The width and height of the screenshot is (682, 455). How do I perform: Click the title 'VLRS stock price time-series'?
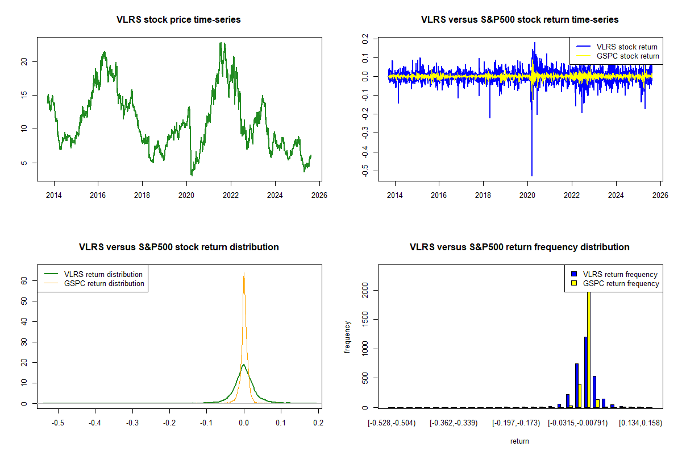(x=178, y=20)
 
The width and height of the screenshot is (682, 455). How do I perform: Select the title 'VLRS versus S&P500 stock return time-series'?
(x=519, y=20)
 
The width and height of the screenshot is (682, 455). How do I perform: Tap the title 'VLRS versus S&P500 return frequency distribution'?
(x=519, y=247)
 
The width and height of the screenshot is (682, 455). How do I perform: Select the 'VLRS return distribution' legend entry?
(x=103, y=274)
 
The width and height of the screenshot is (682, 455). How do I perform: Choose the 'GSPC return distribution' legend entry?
(x=104, y=283)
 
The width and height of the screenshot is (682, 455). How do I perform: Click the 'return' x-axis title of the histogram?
(x=519, y=441)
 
